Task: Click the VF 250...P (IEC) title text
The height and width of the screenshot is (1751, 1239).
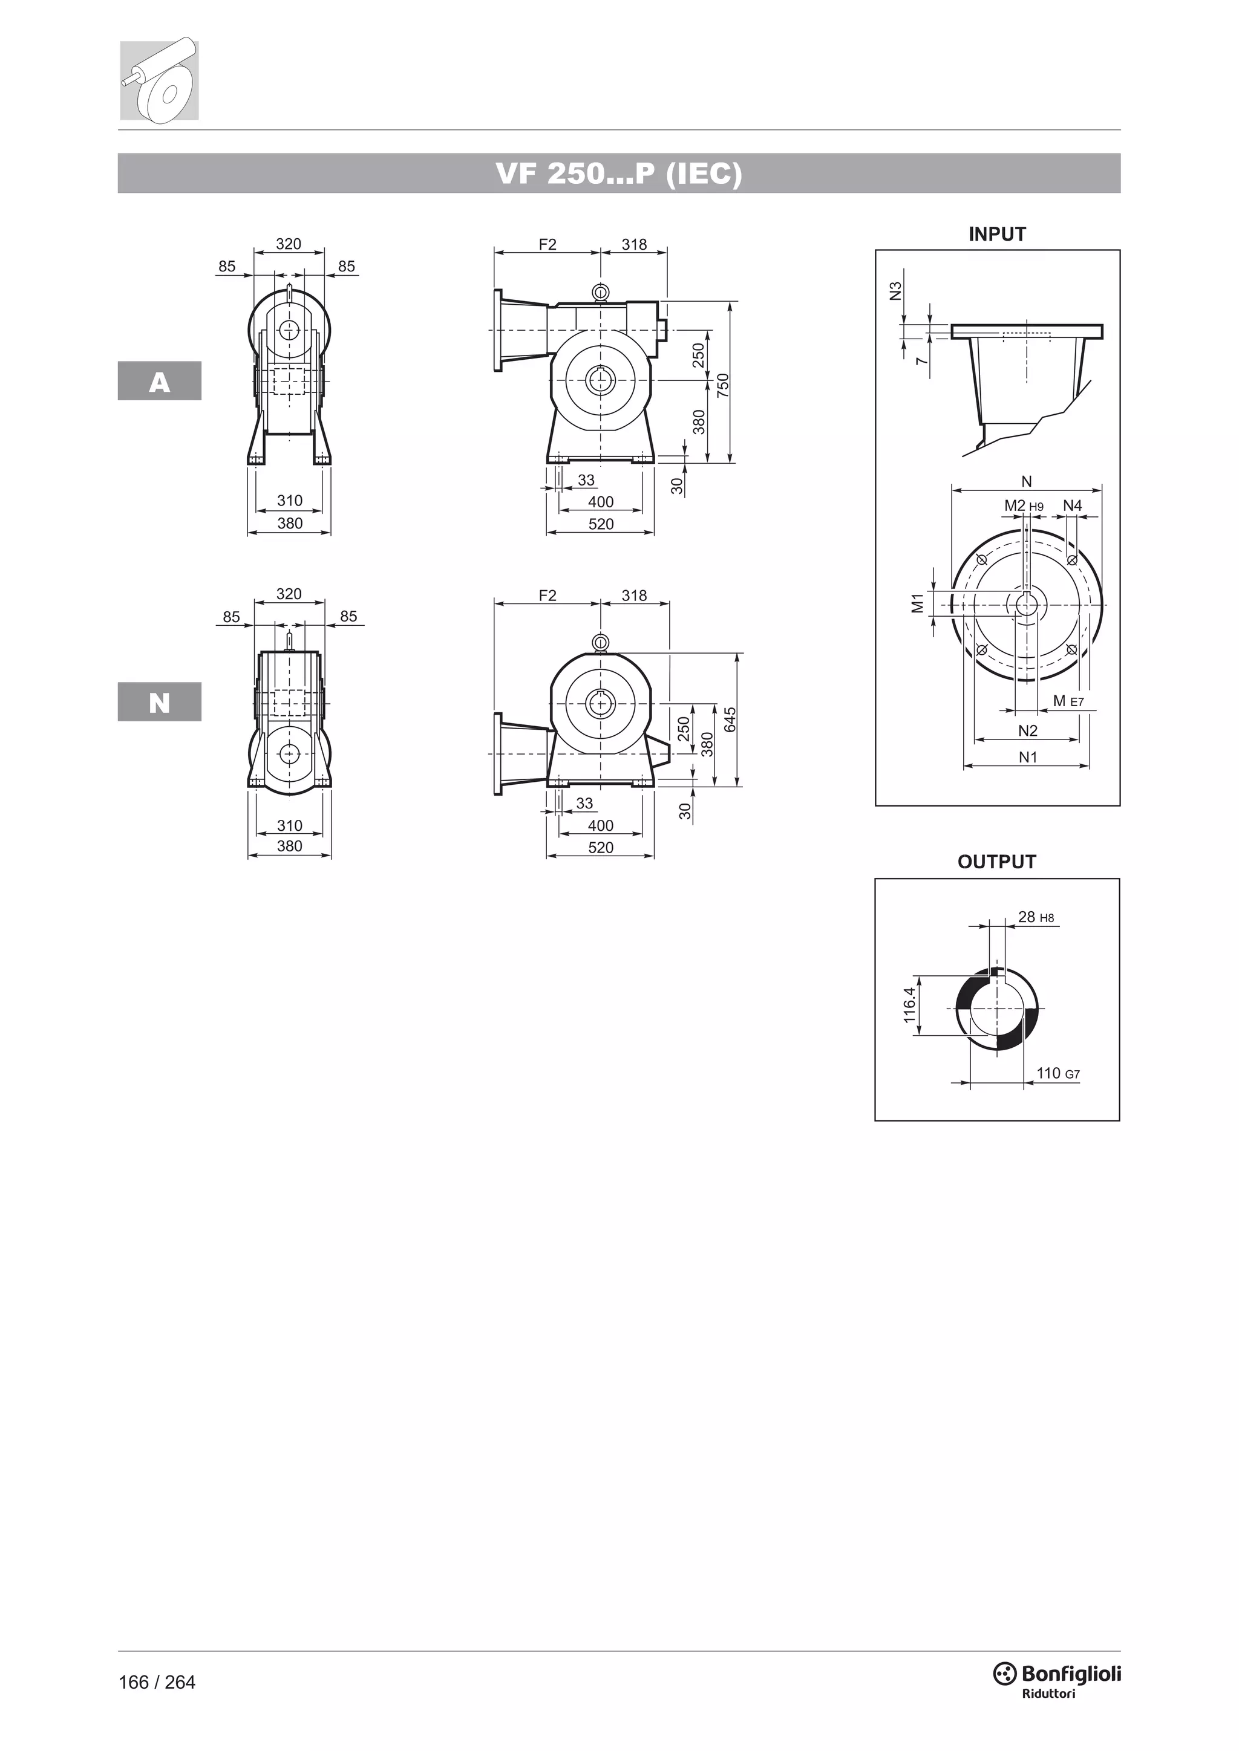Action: point(619,174)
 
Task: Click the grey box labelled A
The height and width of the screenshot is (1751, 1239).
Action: point(160,382)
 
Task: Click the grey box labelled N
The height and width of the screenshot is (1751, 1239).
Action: point(160,703)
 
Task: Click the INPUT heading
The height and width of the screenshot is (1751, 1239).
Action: point(996,234)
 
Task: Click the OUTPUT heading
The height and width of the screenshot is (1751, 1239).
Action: point(996,862)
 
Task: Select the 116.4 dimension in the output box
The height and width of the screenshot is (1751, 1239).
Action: point(909,1005)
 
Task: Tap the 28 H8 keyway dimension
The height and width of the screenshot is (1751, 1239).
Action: point(1035,917)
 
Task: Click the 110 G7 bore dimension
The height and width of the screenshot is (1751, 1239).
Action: point(1057,1074)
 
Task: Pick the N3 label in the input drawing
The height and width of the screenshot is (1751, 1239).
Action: point(897,291)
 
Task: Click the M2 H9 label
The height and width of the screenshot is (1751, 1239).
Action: point(1023,505)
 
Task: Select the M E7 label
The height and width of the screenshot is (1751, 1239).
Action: point(1067,701)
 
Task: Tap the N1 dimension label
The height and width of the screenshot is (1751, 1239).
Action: point(1028,757)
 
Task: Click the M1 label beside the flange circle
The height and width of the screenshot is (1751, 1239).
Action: point(918,603)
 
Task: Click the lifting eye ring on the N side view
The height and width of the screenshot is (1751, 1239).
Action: point(600,642)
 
